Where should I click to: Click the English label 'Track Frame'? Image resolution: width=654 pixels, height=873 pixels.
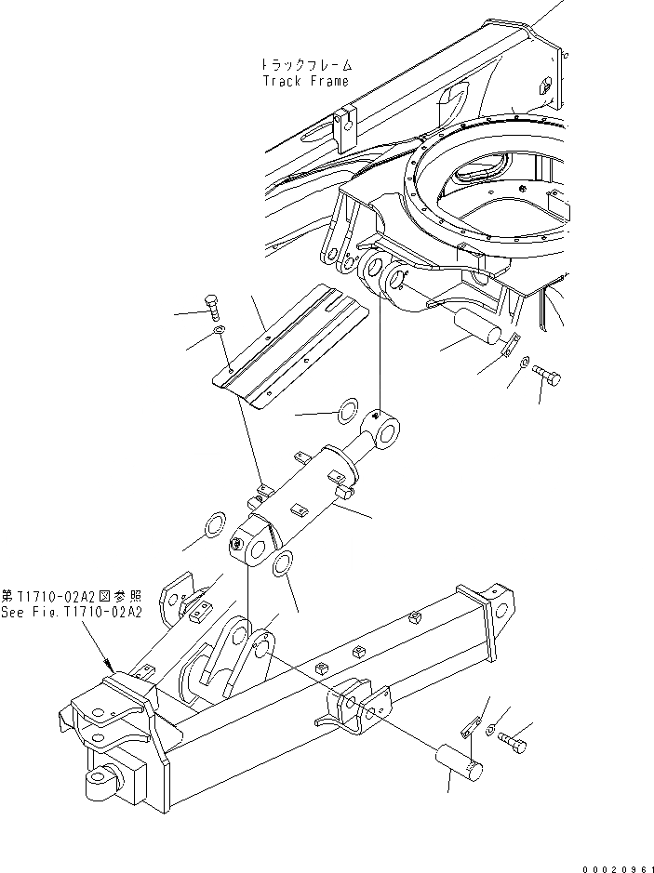pyautogui.click(x=304, y=81)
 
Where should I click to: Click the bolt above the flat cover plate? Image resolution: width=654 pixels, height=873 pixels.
pyautogui.click(x=211, y=306)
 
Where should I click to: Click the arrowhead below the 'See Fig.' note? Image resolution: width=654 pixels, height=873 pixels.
pyautogui.click(x=112, y=668)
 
